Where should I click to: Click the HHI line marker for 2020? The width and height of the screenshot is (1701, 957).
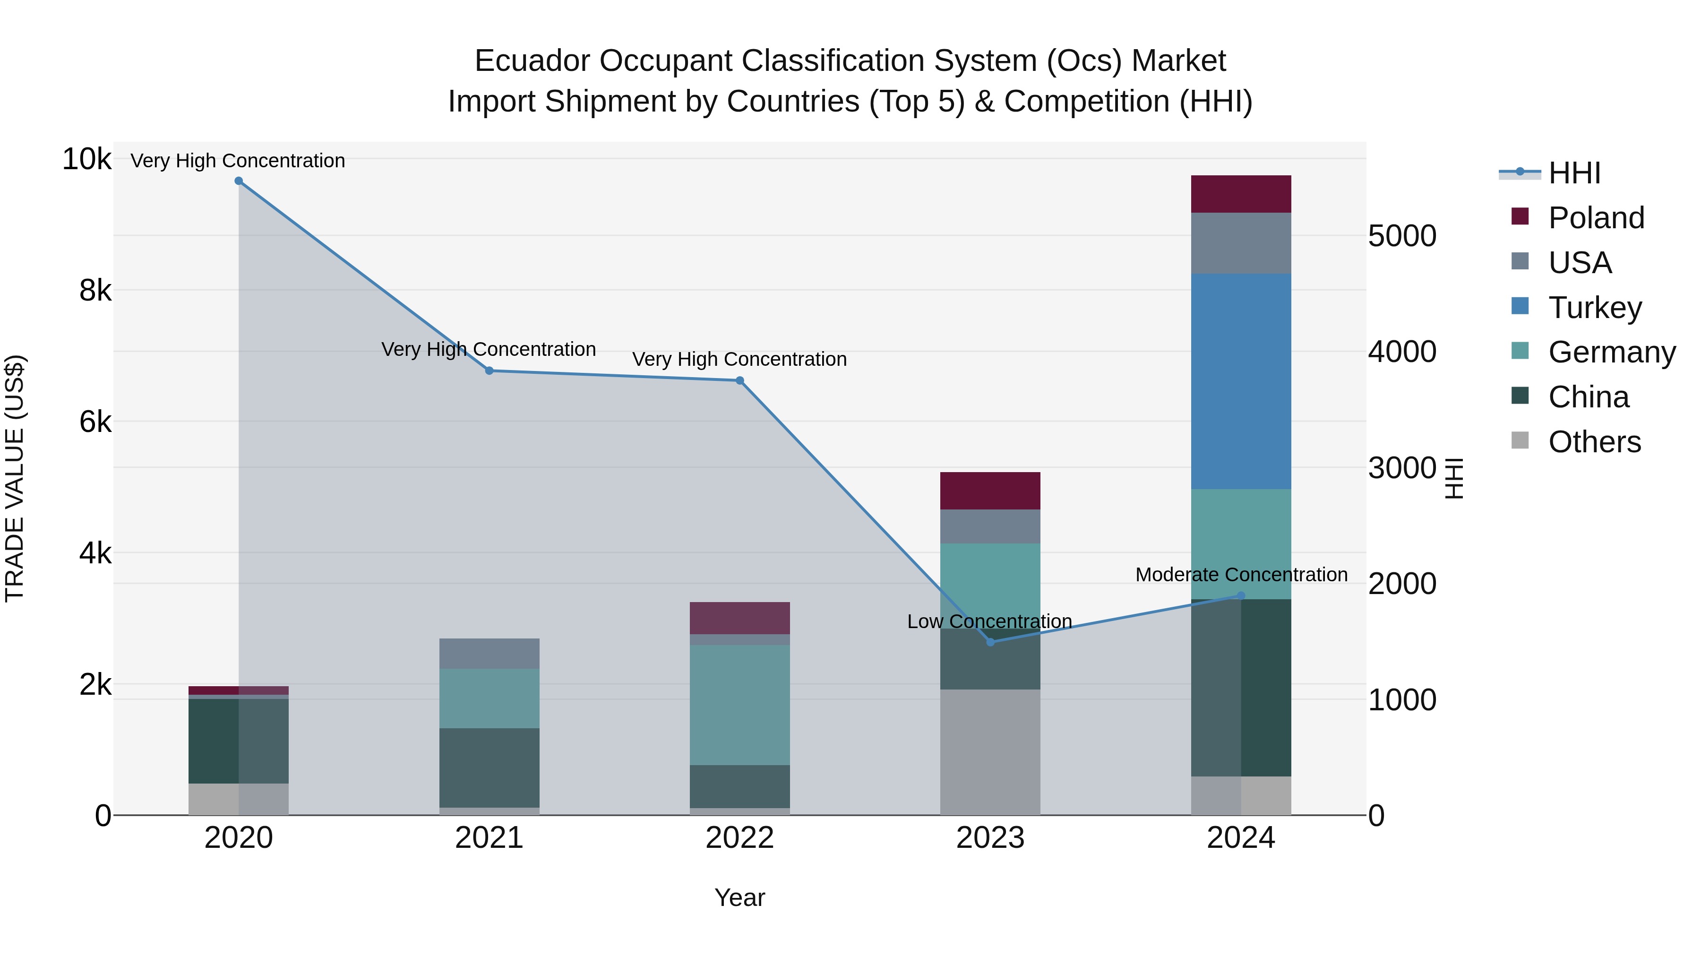[239, 181]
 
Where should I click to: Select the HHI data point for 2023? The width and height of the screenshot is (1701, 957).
[990, 642]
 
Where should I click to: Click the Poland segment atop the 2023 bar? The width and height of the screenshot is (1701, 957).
[990, 491]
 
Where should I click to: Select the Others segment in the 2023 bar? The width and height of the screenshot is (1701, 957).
[990, 752]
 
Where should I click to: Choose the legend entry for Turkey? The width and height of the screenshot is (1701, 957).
[1595, 308]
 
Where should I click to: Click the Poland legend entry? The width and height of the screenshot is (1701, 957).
[1596, 218]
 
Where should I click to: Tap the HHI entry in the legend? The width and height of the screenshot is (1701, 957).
[1574, 173]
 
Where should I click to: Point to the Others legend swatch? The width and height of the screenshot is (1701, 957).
[1520, 440]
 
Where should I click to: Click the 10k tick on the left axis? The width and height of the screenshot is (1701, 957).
[86, 159]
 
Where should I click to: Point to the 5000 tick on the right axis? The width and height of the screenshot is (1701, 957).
[1402, 236]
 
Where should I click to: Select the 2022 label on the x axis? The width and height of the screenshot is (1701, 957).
[739, 838]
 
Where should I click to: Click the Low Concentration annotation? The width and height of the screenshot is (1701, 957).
[989, 621]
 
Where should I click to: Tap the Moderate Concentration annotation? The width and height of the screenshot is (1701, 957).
[1241, 575]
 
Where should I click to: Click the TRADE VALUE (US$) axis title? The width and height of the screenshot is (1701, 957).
[15, 478]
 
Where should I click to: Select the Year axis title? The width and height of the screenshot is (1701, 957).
[739, 897]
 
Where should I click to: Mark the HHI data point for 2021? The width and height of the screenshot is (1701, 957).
[490, 371]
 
